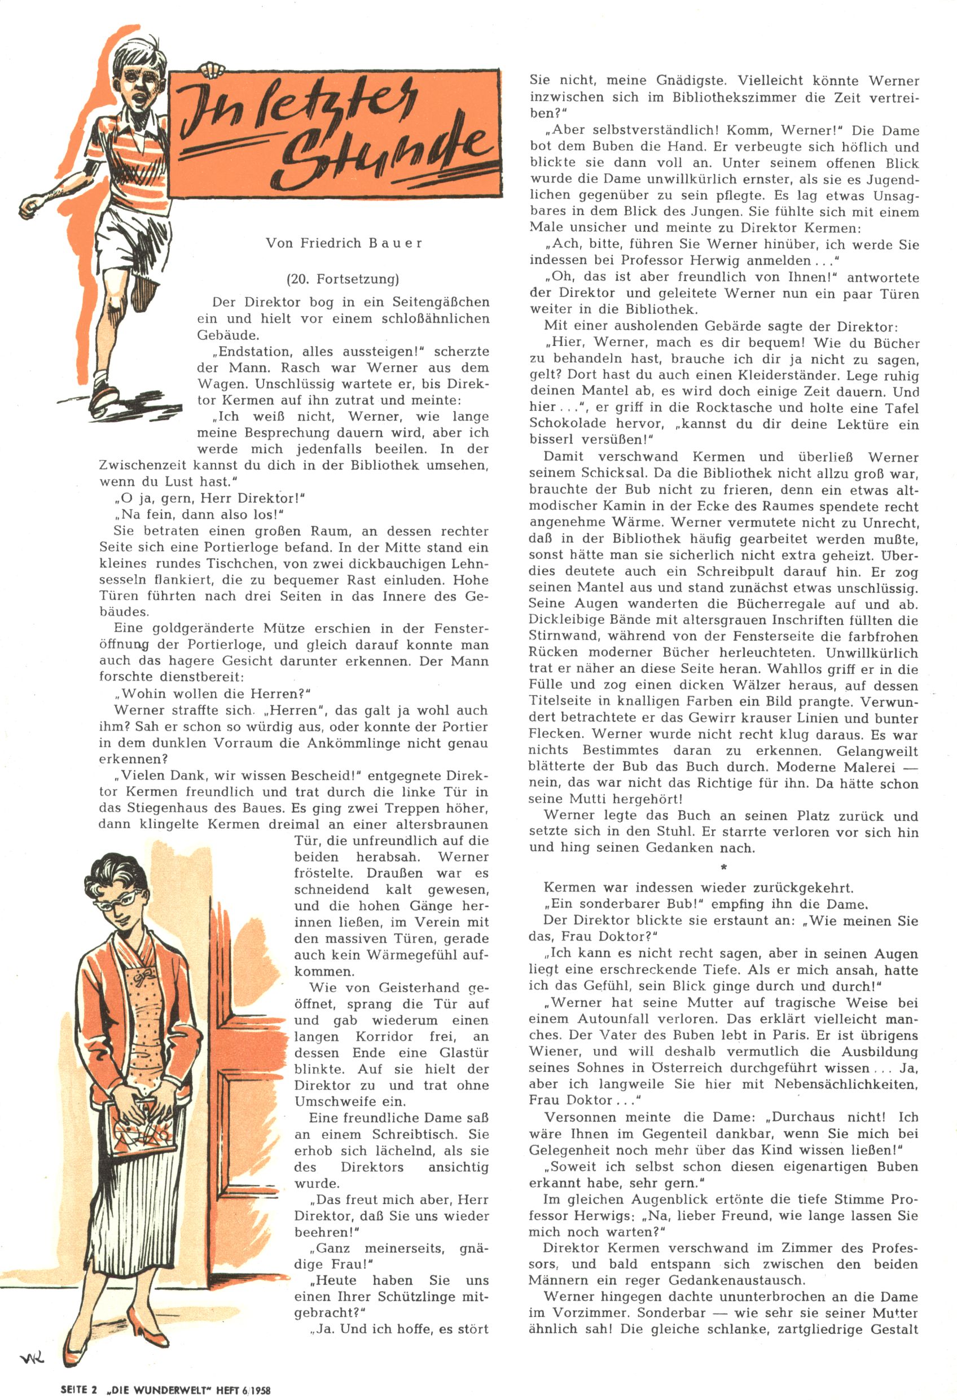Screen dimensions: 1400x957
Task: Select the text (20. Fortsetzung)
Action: [343, 279]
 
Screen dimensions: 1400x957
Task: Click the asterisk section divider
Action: [723, 868]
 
